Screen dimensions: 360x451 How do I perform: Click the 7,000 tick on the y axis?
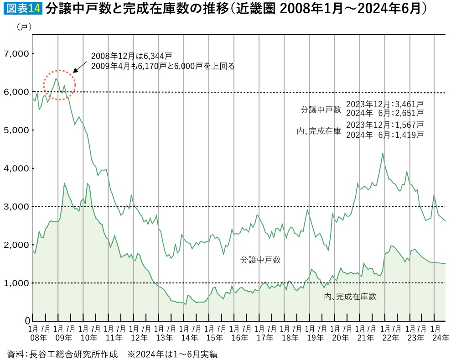(x=16, y=54)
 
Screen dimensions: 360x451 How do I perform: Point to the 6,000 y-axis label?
(x=16, y=92)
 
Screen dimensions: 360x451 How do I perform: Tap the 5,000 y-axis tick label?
(x=16, y=130)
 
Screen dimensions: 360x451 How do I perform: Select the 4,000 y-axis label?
(x=16, y=168)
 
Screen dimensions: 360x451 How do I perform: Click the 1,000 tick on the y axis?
(x=16, y=283)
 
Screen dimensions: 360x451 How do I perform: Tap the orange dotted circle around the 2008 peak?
(x=59, y=85)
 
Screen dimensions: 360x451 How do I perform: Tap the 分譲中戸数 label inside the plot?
(x=260, y=260)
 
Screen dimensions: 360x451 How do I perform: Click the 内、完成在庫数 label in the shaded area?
(x=350, y=297)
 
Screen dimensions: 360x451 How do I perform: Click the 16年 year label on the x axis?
(x=240, y=338)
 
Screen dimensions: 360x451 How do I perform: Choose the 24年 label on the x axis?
(x=441, y=338)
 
